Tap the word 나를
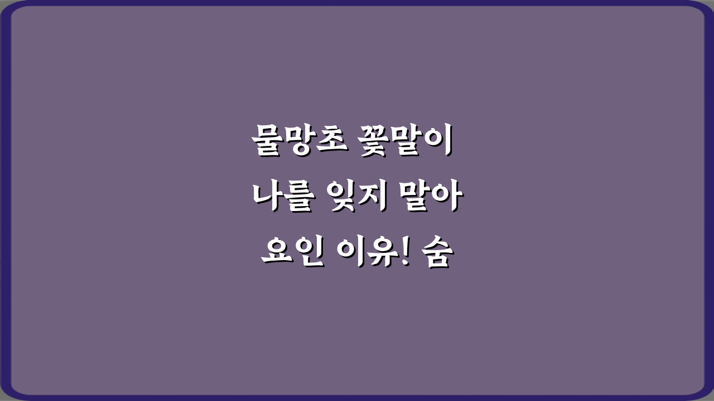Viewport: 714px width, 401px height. tap(283, 199)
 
